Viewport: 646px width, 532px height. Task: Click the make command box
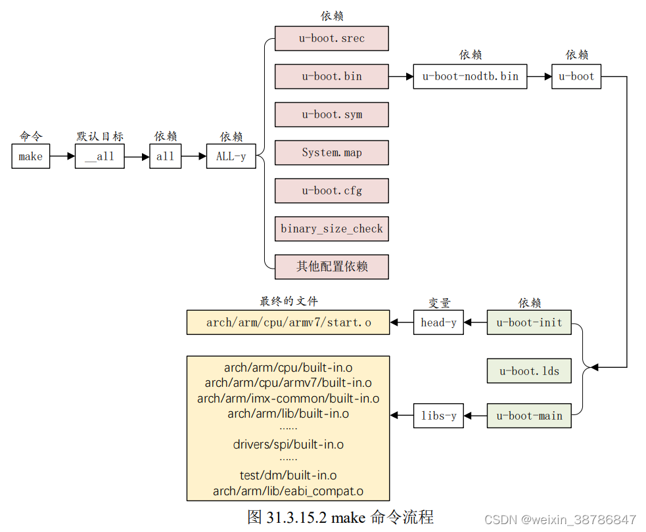(x=30, y=156)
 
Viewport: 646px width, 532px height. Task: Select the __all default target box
(x=99, y=156)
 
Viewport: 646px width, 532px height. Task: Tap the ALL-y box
(x=231, y=156)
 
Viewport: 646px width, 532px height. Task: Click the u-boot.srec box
(x=331, y=38)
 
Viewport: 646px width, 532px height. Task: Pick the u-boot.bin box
(x=331, y=76)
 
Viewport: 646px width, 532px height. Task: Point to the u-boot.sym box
(x=331, y=114)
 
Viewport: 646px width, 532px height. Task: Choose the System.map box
(x=331, y=152)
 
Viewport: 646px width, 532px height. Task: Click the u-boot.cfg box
(x=331, y=190)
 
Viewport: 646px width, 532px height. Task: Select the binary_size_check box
(x=331, y=229)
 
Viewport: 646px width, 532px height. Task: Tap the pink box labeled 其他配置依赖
(x=331, y=267)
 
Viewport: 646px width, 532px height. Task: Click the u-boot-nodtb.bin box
(x=470, y=76)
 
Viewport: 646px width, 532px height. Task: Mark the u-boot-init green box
(x=529, y=322)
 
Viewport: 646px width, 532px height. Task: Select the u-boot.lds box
(x=529, y=370)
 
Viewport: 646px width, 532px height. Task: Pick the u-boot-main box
(x=529, y=416)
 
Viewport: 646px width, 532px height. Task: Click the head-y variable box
(x=438, y=322)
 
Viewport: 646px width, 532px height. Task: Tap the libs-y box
(x=438, y=416)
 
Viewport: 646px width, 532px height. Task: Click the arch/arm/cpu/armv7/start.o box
(x=288, y=322)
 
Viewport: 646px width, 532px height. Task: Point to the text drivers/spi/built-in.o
(x=288, y=445)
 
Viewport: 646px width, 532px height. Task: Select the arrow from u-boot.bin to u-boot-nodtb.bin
(x=401, y=76)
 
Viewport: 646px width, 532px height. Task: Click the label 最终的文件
(x=288, y=301)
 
